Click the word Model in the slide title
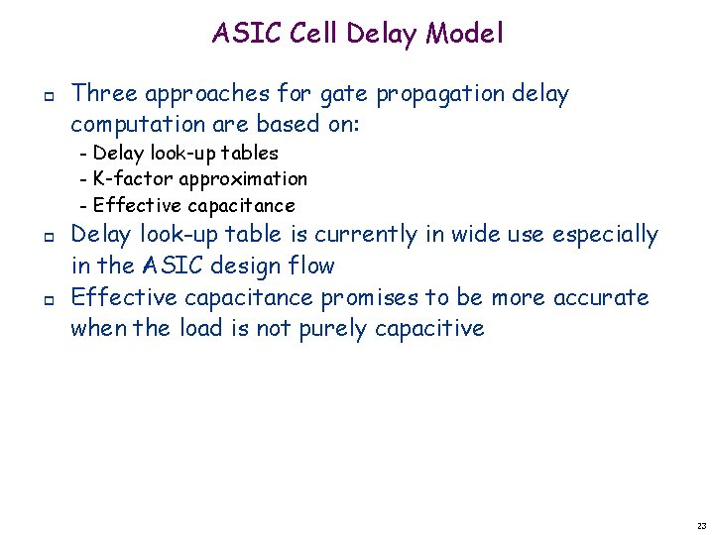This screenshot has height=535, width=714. click(x=465, y=34)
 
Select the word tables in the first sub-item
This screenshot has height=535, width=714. click(x=250, y=153)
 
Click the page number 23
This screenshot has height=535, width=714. click(x=701, y=525)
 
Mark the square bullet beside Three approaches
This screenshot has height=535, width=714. click(x=48, y=95)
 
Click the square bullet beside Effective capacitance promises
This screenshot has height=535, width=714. click(x=48, y=298)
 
